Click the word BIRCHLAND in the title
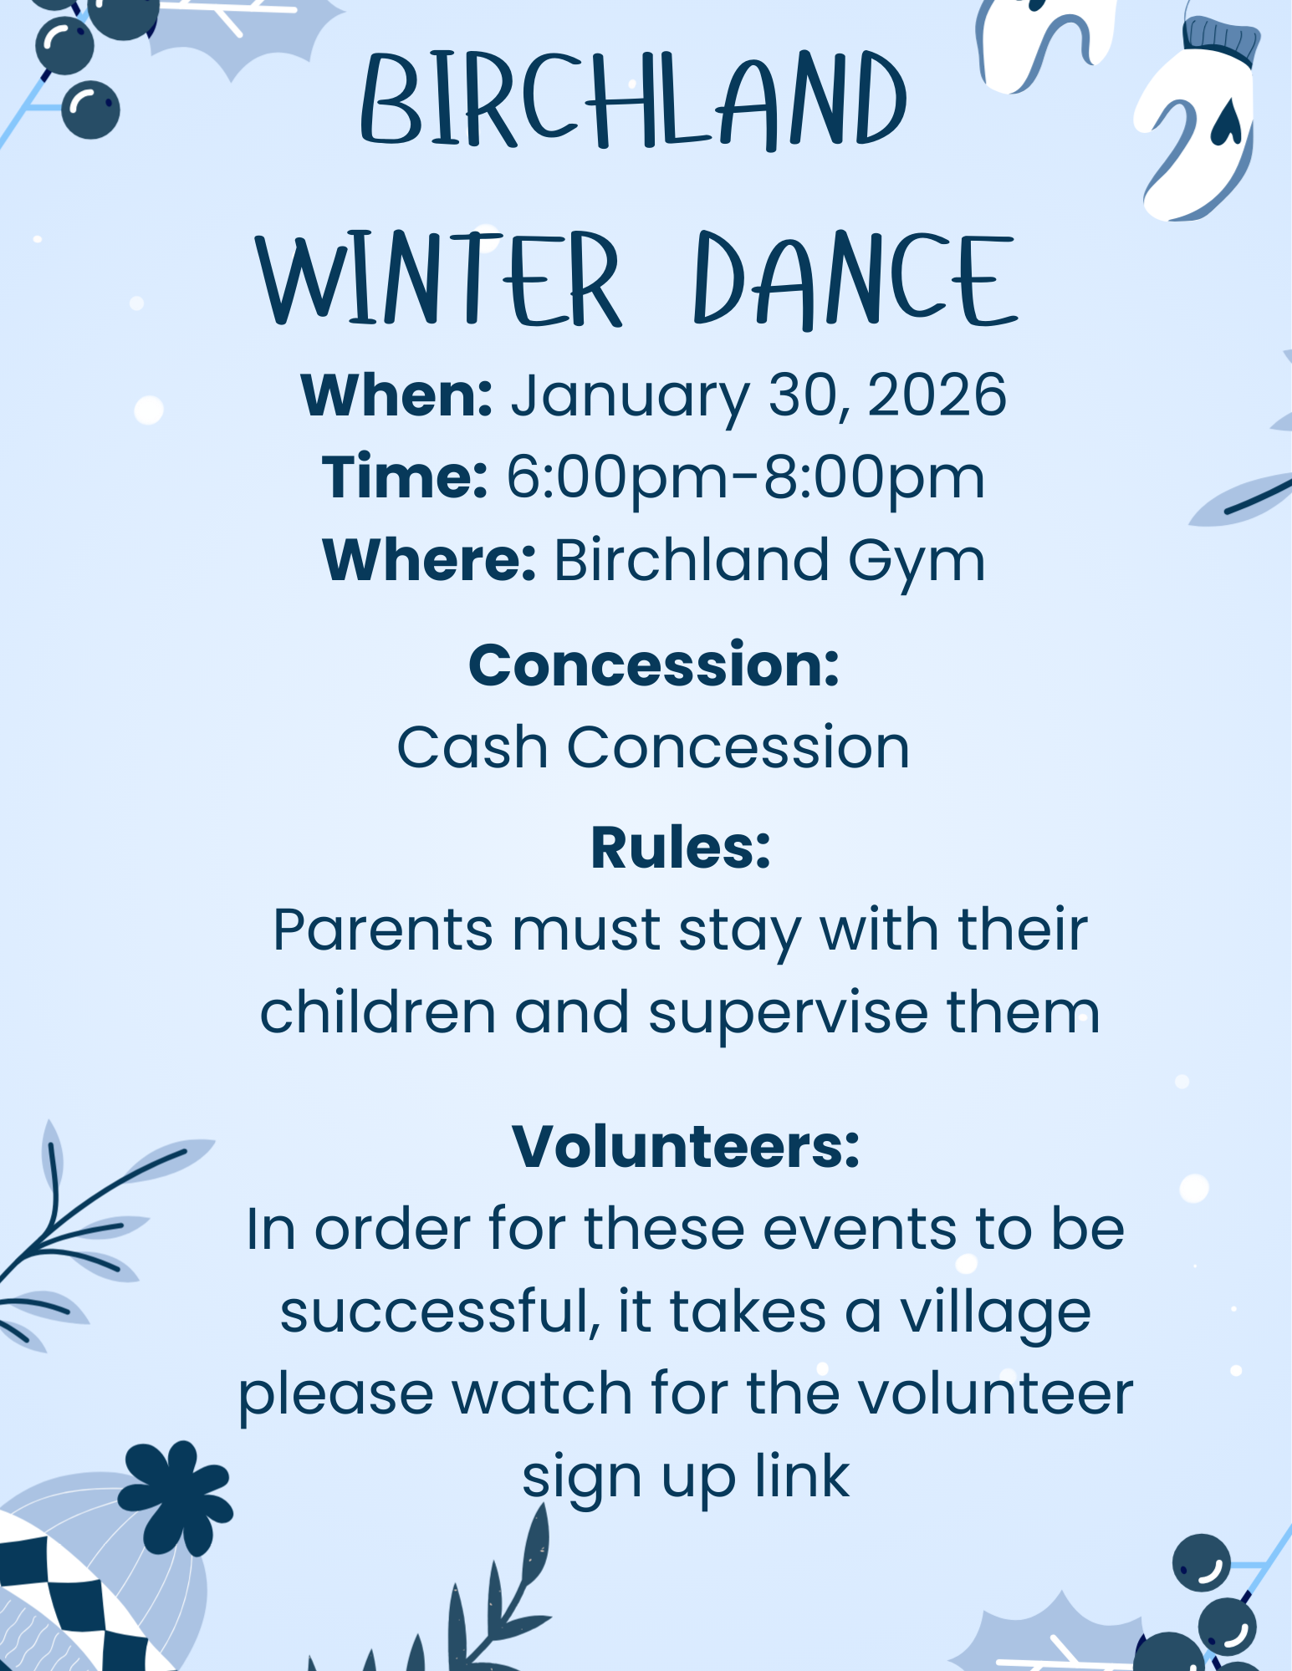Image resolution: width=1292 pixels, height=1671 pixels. (x=634, y=101)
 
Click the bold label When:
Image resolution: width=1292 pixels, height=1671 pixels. (x=396, y=395)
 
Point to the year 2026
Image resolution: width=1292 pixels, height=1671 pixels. (x=937, y=395)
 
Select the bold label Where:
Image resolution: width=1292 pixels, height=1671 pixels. (x=429, y=559)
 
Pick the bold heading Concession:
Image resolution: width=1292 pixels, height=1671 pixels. (x=654, y=665)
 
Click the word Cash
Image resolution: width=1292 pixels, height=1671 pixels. (x=472, y=746)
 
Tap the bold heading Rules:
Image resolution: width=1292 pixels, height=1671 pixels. (x=680, y=848)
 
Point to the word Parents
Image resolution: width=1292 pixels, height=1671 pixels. (x=383, y=930)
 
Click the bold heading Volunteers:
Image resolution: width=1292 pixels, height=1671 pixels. (x=686, y=1146)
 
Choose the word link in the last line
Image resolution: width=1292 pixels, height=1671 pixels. (x=802, y=1475)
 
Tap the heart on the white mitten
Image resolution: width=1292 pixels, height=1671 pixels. (x=1225, y=123)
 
